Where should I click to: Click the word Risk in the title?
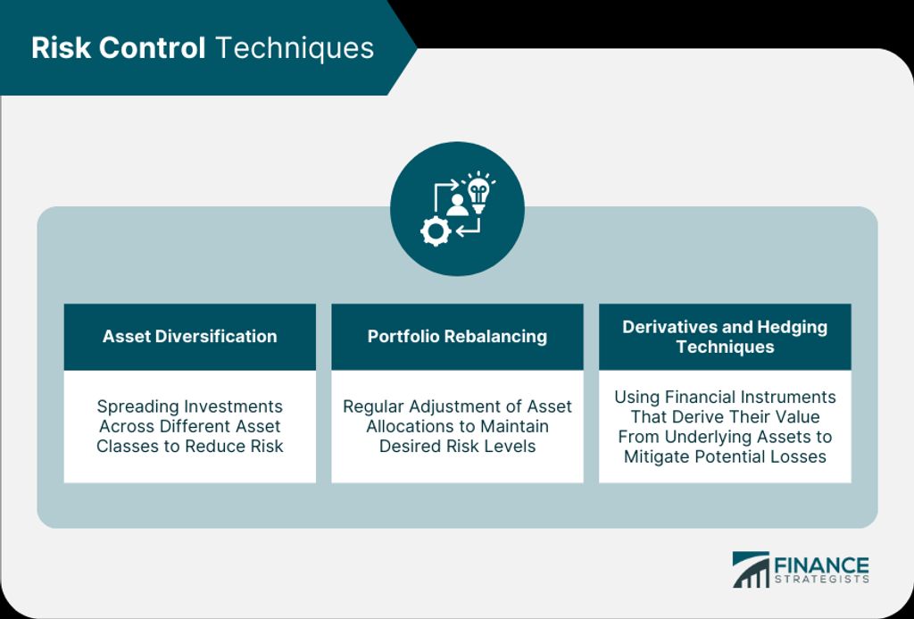pyautogui.click(x=62, y=48)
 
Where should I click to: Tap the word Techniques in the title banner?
pyautogui.click(x=295, y=49)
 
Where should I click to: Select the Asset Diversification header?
pyautogui.click(x=189, y=336)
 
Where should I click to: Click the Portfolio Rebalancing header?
pyautogui.click(x=457, y=336)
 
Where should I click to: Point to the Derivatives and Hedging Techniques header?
pyautogui.click(x=725, y=337)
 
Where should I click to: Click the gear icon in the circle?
pyautogui.click(x=436, y=231)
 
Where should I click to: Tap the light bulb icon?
pyautogui.click(x=478, y=191)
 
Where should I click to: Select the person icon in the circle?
pyautogui.click(x=457, y=205)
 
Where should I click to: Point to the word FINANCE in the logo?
pyautogui.click(x=821, y=566)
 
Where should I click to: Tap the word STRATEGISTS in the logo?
pyautogui.click(x=822, y=580)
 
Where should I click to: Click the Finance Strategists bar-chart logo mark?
pyautogui.click(x=751, y=569)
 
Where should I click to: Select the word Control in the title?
pyautogui.click(x=152, y=48)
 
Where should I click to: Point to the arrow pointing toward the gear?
pyautogui.click(x=471, y=228)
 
